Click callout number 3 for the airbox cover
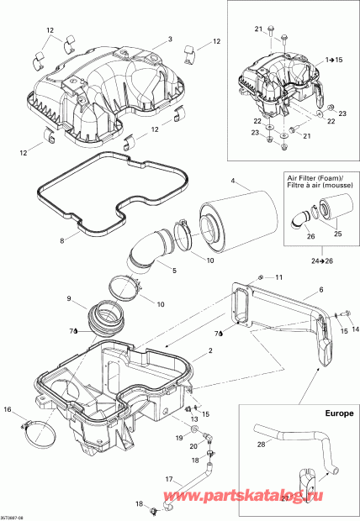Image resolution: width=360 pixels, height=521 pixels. (x=169, y=39)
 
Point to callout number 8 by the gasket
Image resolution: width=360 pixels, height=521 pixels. (x=61, y=240)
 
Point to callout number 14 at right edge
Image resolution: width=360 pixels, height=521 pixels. (x=354, y=329)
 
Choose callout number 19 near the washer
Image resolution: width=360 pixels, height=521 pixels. (x=177, y=439)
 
